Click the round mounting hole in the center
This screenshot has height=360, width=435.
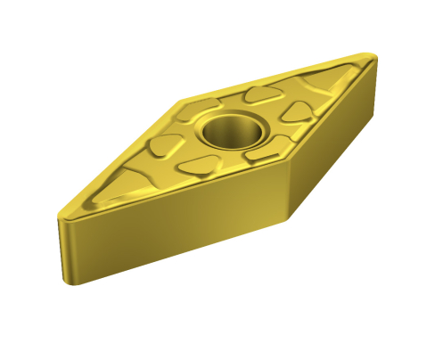[x=231, y=130]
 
